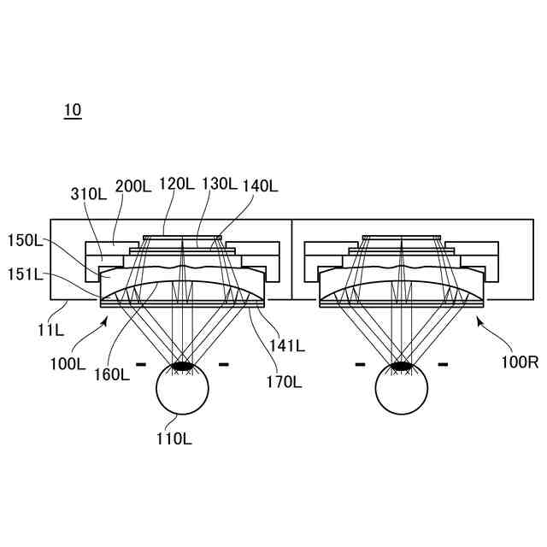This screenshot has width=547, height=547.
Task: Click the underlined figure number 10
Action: point(73,110)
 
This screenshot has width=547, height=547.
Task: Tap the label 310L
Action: point(88,195)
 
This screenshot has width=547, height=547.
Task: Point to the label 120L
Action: point(177,184)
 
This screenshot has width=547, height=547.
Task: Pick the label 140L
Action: point(261,185)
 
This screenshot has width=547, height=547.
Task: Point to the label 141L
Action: point(285,345)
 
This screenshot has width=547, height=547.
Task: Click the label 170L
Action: point(283,382)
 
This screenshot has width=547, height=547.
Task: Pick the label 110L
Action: point(174,439)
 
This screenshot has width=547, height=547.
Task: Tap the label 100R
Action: point(520,362)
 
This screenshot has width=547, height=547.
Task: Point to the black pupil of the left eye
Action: point(182,366)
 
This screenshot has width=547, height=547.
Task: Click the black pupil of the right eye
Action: point(402,366)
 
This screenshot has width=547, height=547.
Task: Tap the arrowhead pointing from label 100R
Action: point(479,320)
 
